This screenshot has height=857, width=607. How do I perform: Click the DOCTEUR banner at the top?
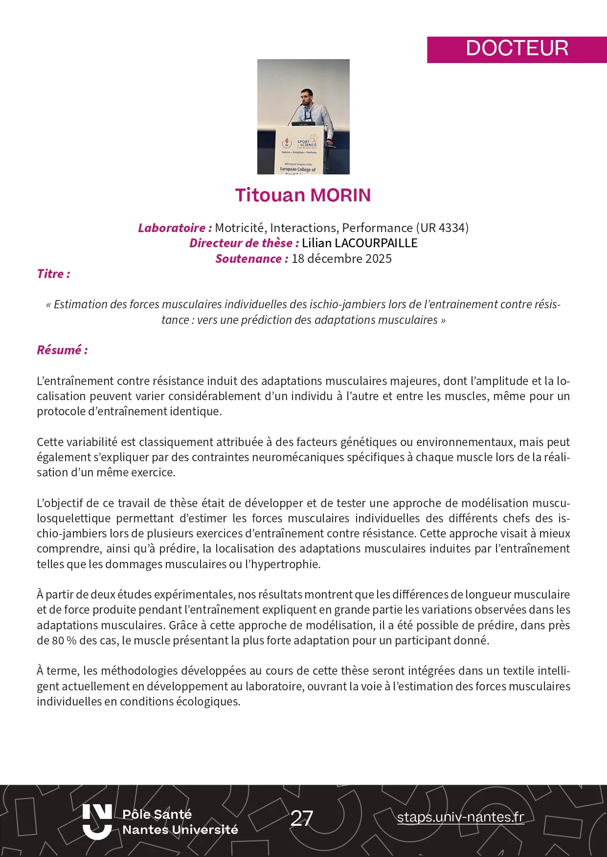point(517,49)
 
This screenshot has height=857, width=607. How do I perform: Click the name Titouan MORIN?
point(303,195)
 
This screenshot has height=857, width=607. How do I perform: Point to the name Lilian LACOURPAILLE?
point(360,243)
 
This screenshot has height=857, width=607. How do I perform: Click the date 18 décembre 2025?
point(341,258)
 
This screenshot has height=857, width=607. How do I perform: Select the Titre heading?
point(53,274)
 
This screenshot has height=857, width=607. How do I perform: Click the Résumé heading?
point(62,350)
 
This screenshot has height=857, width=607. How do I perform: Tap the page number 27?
point(302,818)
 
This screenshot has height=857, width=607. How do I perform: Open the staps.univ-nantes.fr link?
point(460,817)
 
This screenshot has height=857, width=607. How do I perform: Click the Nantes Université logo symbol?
point(97,822)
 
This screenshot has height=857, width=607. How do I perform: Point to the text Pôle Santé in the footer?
point(157,814)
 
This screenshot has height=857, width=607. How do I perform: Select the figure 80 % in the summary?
point(64,641)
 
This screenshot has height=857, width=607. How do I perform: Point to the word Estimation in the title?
point(81,304)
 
